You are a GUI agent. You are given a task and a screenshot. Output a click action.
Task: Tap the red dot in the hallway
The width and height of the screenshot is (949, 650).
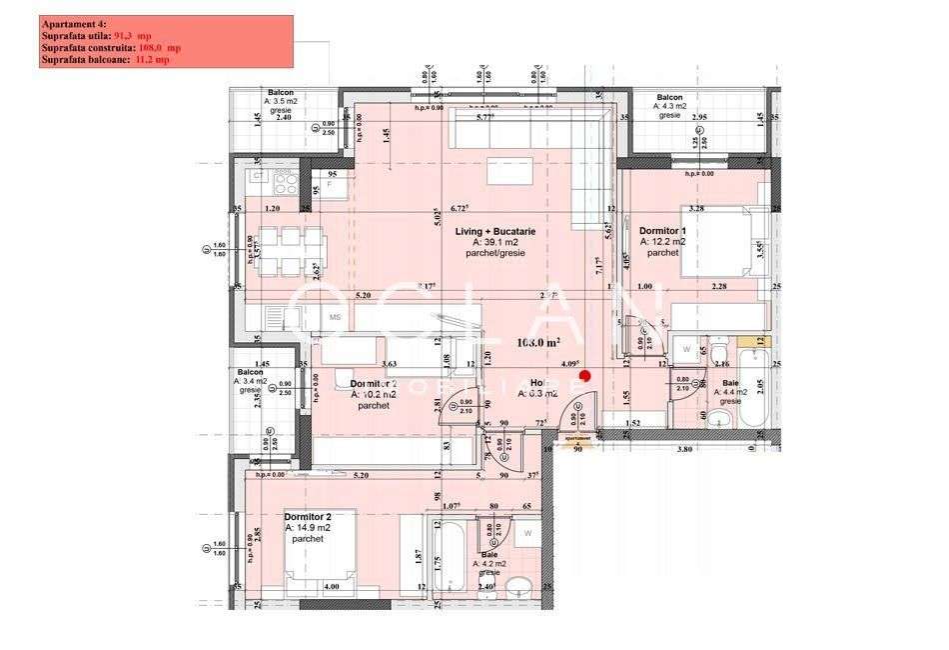(x=586, y=376)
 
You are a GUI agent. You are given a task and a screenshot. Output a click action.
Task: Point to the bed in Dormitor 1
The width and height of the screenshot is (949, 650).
(x=717, y=241)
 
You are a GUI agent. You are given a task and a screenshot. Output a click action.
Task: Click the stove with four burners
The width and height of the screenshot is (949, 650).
(x=285, y=183)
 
